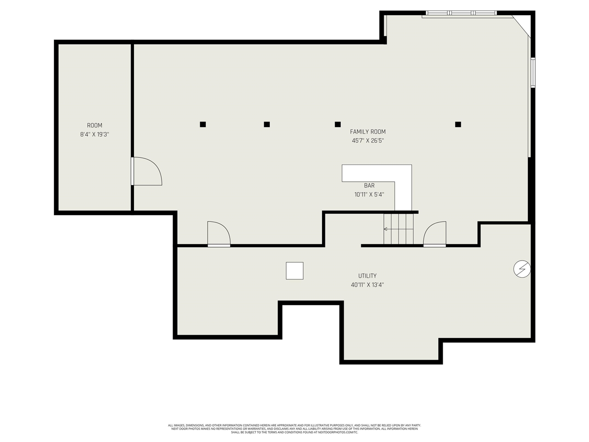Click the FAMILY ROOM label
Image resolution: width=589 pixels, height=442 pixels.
pyautogui.click(x=368, y=132)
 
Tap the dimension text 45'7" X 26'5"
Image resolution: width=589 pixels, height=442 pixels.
pyautogui.click(x=368, y=141)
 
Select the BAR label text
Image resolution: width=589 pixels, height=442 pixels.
pyautogui.click(x=369, y=186)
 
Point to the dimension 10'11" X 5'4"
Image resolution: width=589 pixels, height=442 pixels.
pyautogui.click(x=369, y=194)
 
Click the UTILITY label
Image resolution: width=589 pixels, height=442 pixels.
pyautogui.click(x=367, y=276)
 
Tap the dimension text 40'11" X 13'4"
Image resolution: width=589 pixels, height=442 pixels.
pyautogui.click(x=367, y=285)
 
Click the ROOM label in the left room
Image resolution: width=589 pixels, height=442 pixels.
pyautogui.click(x=94, y=125)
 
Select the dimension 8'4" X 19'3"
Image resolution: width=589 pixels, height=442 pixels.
pyautogui.click(x=94, y=134)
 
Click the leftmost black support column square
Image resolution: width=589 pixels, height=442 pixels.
pyautogui.click(x=203, y=124)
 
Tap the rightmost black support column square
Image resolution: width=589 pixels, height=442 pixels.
pyautogui.click(x=458, y=124)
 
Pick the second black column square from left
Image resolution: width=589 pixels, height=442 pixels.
pyautogui.click(x=266, y=124)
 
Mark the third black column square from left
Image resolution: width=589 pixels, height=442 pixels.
pyautogui.click(x=338, y=124)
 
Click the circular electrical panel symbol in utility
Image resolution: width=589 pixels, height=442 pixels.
pyautogui.click(x=522, y=269)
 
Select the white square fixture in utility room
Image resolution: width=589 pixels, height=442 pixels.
pyautogui.click(x=294, y=271)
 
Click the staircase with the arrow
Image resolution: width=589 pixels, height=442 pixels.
pyautogui.click(x=398, y=229)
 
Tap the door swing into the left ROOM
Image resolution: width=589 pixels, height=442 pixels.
pyautogui.click(x=146, y=171)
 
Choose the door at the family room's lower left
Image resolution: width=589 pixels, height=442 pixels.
pyautogui.click(x=219, y=234)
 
